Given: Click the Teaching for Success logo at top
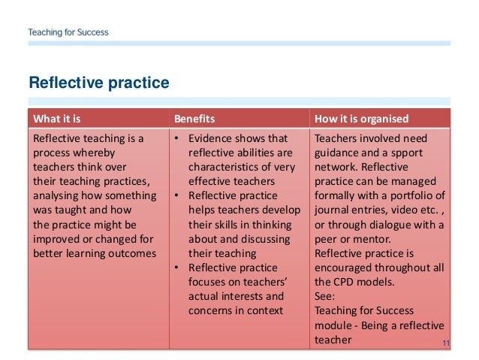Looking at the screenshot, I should (68, 32).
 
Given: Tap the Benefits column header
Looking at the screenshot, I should (194, 119).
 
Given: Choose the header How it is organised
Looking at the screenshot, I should (362, 119).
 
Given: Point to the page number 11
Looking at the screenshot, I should (445, 343).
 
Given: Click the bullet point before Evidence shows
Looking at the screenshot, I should (176, 139).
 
